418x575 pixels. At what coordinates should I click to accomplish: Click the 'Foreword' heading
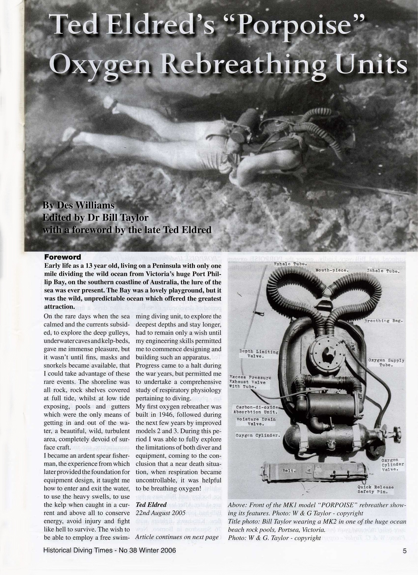[63, 257]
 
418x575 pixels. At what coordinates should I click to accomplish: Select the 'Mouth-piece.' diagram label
[332, 270]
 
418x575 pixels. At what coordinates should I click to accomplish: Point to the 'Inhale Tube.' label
[383, 271]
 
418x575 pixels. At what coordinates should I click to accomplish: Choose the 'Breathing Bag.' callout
[384, 321]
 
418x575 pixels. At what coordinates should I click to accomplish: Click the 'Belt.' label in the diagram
[289, 471]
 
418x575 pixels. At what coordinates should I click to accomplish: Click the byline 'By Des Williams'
[78, 205]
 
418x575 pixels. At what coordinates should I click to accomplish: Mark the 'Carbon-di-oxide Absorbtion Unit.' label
[256, 409]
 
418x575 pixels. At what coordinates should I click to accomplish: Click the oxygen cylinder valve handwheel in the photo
[395, 433]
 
